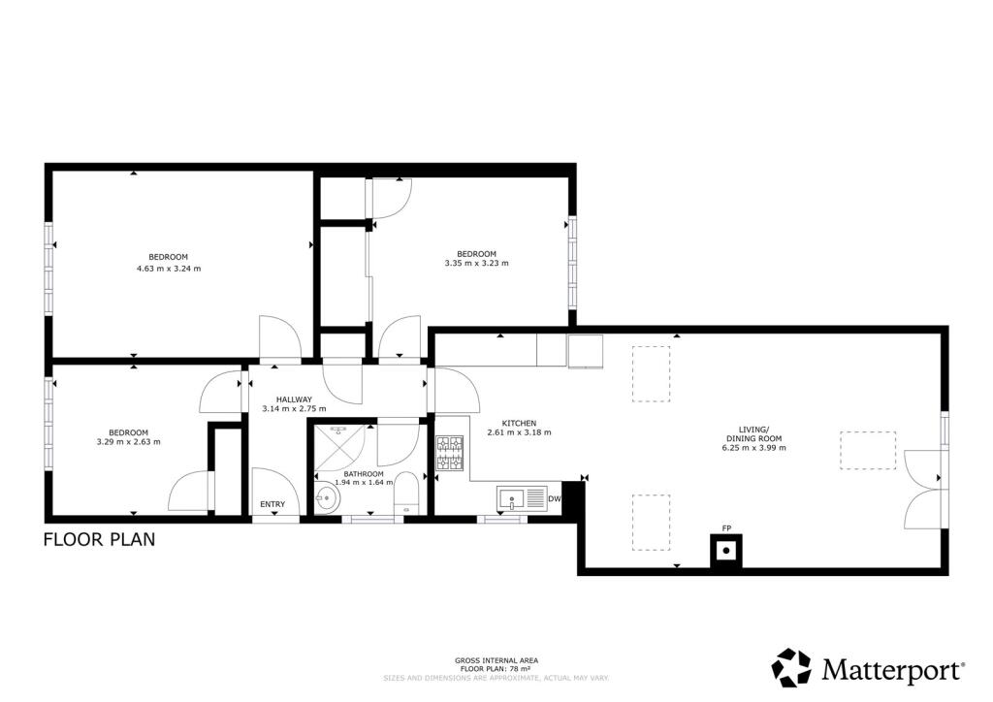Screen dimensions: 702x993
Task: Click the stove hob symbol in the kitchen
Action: (450, 454)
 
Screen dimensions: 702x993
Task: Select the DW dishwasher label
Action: (554, 499)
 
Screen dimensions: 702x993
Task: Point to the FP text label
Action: (724, 528)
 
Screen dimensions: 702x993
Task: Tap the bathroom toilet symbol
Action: (406, 493)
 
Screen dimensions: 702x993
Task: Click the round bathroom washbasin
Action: (327, 498)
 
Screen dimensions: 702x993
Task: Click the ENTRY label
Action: (272, 504)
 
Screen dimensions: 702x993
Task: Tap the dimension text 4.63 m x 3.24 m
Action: (175, 269)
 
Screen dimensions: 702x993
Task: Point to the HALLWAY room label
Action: (294, 399)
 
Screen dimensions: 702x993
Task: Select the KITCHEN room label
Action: (519, 423)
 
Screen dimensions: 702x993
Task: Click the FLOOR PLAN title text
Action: (99, 539)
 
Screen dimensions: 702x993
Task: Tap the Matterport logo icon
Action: (790, 668)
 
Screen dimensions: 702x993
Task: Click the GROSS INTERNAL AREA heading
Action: (496, 660)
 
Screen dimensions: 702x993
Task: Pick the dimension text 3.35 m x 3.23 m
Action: (476, 263)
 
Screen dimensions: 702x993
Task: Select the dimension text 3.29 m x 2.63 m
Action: (128, 441)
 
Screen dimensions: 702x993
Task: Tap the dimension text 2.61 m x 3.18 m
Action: (519, 433)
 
